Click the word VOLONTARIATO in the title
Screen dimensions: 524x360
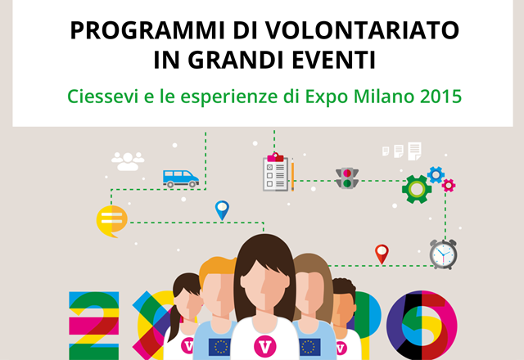coord(362,30)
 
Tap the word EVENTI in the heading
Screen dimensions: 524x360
coord(334,60)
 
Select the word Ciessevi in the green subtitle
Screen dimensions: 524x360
coord(102,97)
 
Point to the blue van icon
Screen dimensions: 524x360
coord(181,178)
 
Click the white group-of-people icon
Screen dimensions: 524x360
coord(128,161)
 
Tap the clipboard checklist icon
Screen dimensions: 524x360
coord(276,172)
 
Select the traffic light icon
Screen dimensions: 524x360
coord(347,178)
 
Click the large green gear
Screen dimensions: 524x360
coord(417,189)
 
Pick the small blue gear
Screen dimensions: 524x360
coord(436,174)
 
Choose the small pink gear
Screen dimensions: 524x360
coord(449,186)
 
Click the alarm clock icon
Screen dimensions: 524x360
coord(443,254)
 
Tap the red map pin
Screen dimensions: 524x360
coord(382,254)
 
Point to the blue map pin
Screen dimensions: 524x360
coord(222,210)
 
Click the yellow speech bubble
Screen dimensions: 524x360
coord(111,221)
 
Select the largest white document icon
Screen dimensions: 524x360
coord(414,151)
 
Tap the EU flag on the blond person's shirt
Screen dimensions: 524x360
coord(219,347)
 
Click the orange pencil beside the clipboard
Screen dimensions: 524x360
coord(292,174)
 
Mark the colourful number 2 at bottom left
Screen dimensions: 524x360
coord(94,326)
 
